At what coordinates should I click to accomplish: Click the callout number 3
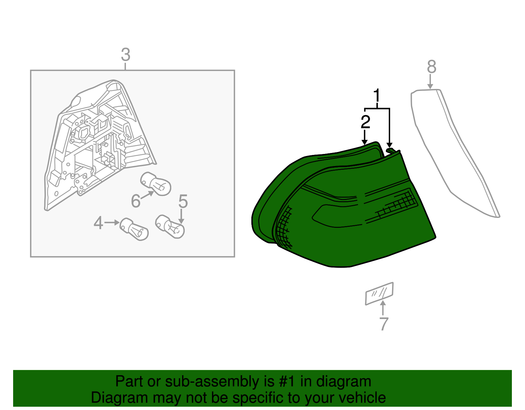tap(126, 54)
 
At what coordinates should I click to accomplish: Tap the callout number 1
tap(377, 95)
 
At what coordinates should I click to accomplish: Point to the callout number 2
tap(365, 122)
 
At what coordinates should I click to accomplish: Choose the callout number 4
tap(98, 223)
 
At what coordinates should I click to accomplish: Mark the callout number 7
tap(384, 324)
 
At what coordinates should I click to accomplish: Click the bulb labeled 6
tap(156, 183)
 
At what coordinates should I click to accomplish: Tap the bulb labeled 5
tap(170, 227)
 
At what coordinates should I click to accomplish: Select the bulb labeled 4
tap(134, 229)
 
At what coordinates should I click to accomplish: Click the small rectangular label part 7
tap(379, 293)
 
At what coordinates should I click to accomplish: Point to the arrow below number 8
tap(430, 82)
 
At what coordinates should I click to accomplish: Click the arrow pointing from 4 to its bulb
tap(112, 223)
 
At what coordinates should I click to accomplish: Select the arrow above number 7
tap(383, 308)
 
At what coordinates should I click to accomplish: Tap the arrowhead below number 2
tap(365, 142)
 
